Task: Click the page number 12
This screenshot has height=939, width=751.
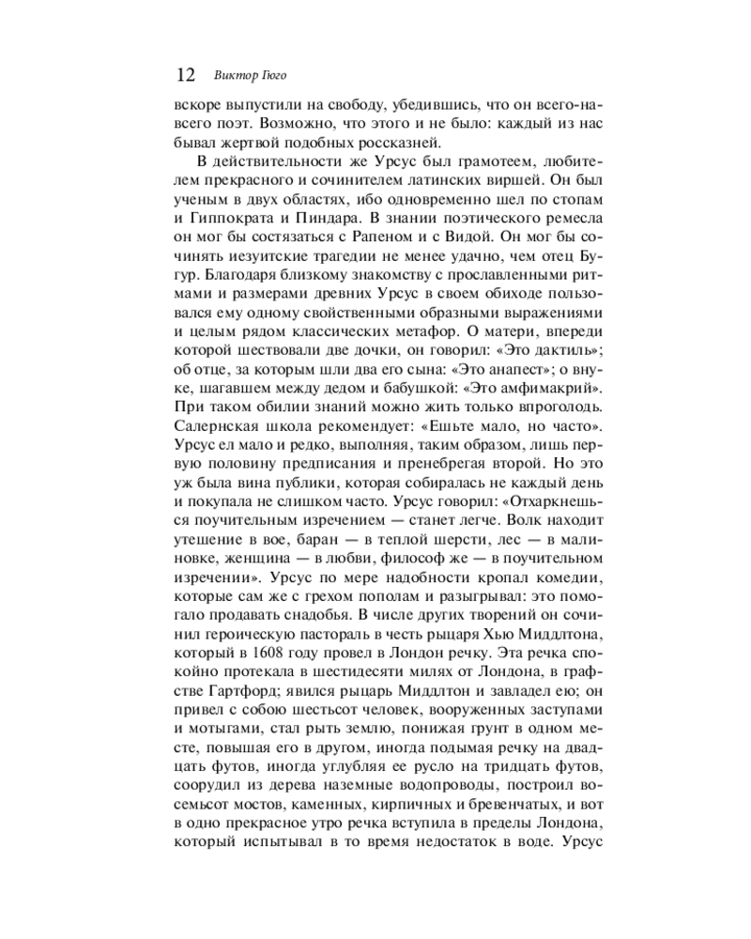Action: tap(185, 75)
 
